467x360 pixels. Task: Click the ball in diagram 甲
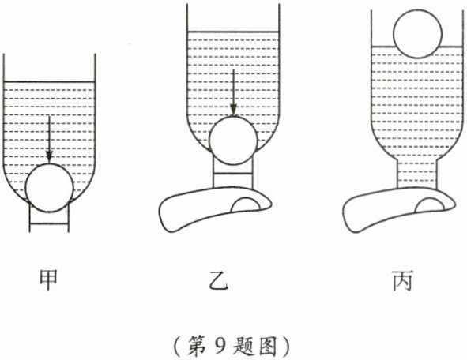(49, 188)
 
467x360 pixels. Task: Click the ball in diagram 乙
(233, 141)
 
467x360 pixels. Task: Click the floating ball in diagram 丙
(417, 34)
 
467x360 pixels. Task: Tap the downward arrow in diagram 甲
(49, 140)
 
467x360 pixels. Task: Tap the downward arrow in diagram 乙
(234, 93)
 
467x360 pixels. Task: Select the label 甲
(48, 279)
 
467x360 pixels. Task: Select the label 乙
(219, 280)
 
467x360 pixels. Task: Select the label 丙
(403, 280)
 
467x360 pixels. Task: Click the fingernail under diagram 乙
(246, 205)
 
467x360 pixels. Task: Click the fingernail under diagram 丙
(430, 205)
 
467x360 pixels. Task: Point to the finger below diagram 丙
(399, 209)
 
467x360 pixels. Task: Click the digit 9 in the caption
(220, 346)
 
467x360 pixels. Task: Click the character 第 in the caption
(196, 346)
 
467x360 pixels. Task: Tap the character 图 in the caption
(269, 346)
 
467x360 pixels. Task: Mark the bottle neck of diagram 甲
(49, 218)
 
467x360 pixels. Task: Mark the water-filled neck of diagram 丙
(417, 174)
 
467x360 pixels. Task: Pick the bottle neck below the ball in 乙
(233, 173)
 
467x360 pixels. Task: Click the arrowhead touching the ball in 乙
(234, 110)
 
